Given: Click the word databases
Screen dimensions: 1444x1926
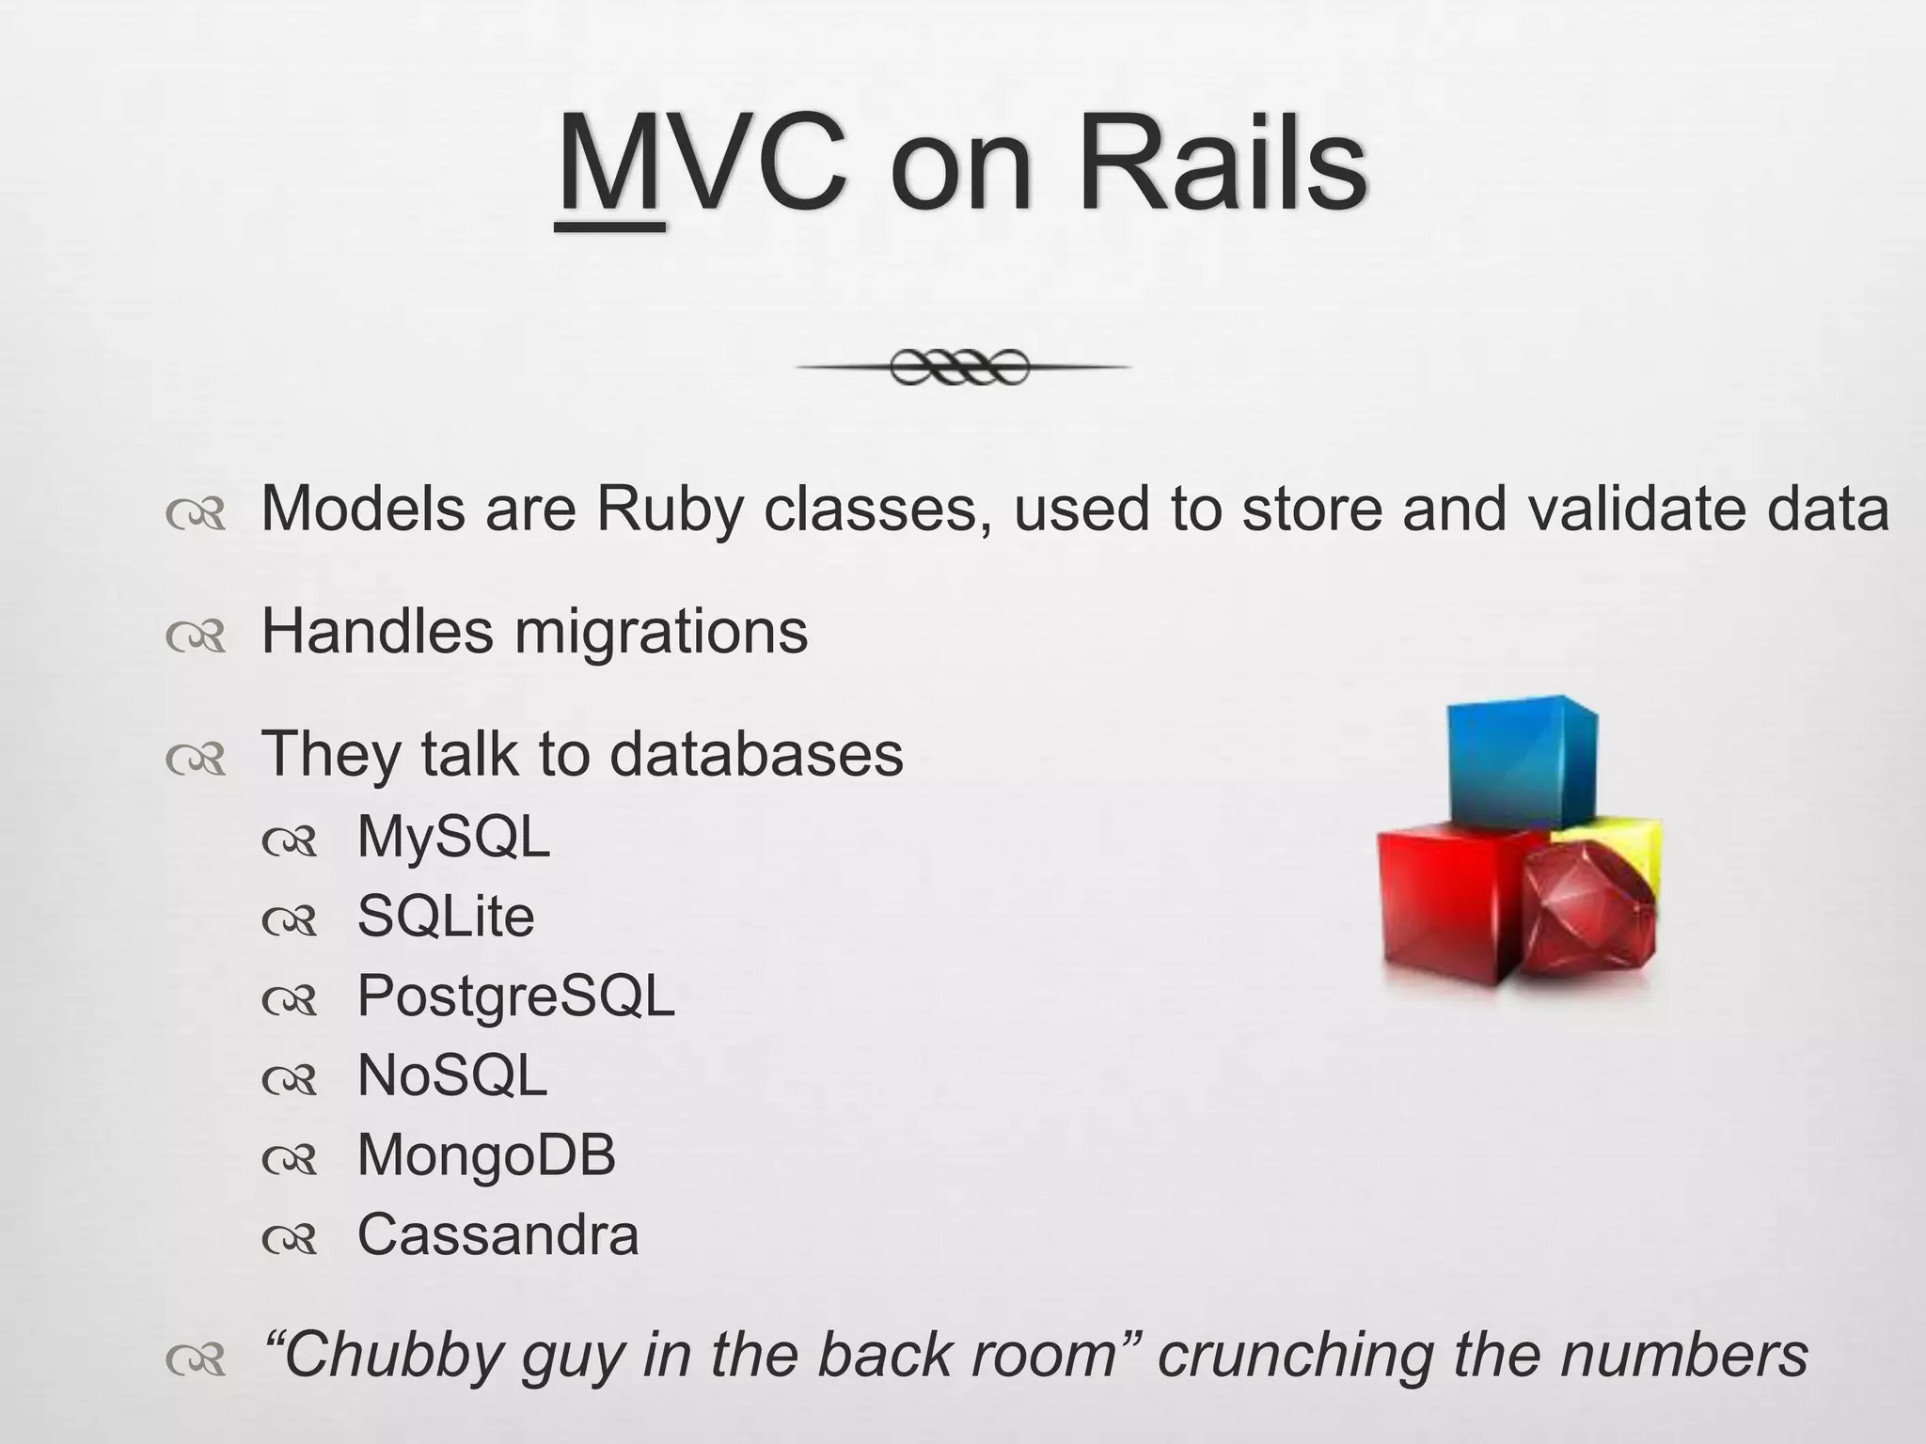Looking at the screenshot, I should (x=756, y=754).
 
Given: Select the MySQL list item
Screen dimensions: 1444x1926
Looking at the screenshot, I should (x=453, y=837).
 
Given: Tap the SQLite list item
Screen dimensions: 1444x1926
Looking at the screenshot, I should (x=446, y=917).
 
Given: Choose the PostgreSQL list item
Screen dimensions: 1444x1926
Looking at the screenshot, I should (x=515, y=997).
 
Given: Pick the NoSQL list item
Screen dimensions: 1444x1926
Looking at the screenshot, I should (x=451, y=1075).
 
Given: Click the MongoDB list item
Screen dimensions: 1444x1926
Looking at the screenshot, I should (x=486, y=1155).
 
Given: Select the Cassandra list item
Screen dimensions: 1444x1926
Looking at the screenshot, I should (x=497, y=1235).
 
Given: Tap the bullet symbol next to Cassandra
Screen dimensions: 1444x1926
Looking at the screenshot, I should (x=291, y=1240).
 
